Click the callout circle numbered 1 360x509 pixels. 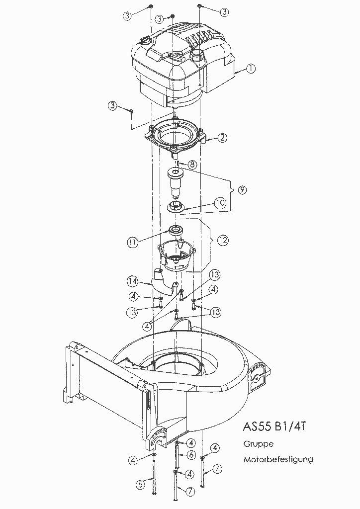251,69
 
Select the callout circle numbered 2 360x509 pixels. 222,138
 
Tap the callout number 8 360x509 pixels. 192,165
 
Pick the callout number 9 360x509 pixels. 242,190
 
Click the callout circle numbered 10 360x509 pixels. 220,203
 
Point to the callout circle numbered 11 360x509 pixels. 132,242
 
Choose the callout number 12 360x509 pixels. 223,240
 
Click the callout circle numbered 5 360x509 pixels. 141,485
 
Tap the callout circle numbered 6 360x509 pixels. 191,455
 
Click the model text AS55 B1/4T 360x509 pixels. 274,426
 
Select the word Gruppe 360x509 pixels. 259,444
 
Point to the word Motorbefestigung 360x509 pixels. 278,459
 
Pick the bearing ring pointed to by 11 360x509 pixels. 176,230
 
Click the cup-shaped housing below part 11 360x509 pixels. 177,255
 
